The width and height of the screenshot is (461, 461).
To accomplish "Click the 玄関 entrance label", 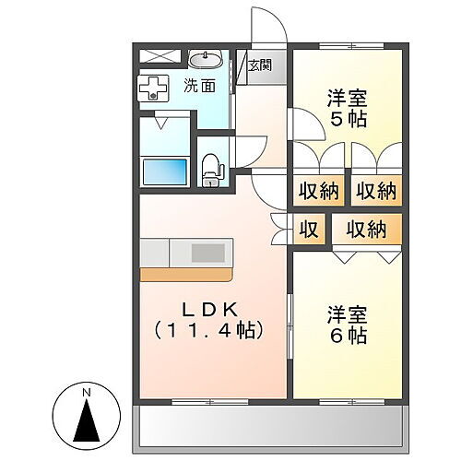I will tap(259, 65).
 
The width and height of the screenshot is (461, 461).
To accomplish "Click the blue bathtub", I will tap(164, 171).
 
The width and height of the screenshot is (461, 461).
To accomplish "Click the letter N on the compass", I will tap(86, 396).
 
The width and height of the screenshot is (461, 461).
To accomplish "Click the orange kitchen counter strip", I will tap(184, 274).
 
